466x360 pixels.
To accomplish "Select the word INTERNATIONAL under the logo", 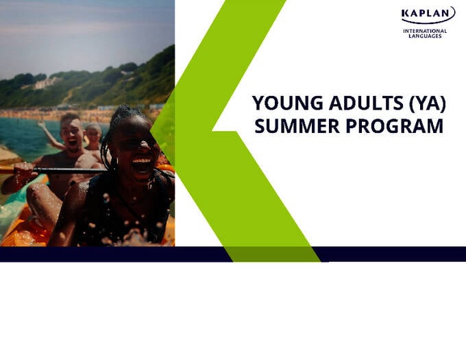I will [425, 31].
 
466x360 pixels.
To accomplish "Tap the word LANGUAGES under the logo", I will [425, 36].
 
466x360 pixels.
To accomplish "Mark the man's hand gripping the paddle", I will [23, 171].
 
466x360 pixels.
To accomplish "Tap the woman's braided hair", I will [114, 127].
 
